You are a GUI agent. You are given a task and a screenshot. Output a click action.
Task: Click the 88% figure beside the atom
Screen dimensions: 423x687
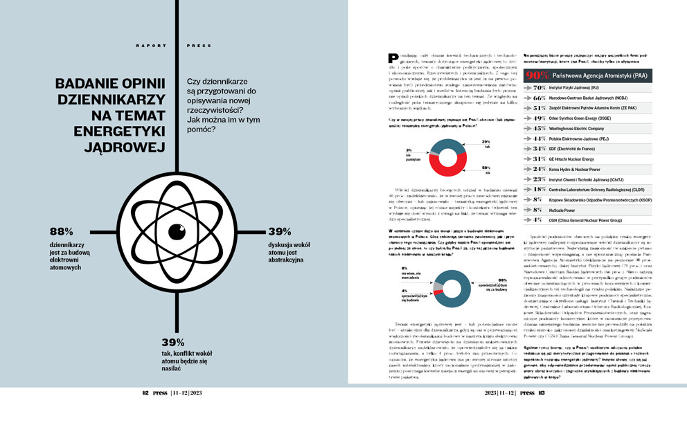[62, 231]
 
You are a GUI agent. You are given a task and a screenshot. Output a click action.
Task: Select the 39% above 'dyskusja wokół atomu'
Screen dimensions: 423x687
[280, 231]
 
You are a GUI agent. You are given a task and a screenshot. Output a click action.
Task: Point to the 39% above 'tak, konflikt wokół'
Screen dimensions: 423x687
[173, 343]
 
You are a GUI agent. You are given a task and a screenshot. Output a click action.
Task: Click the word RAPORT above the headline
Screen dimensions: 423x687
[151, 46]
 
